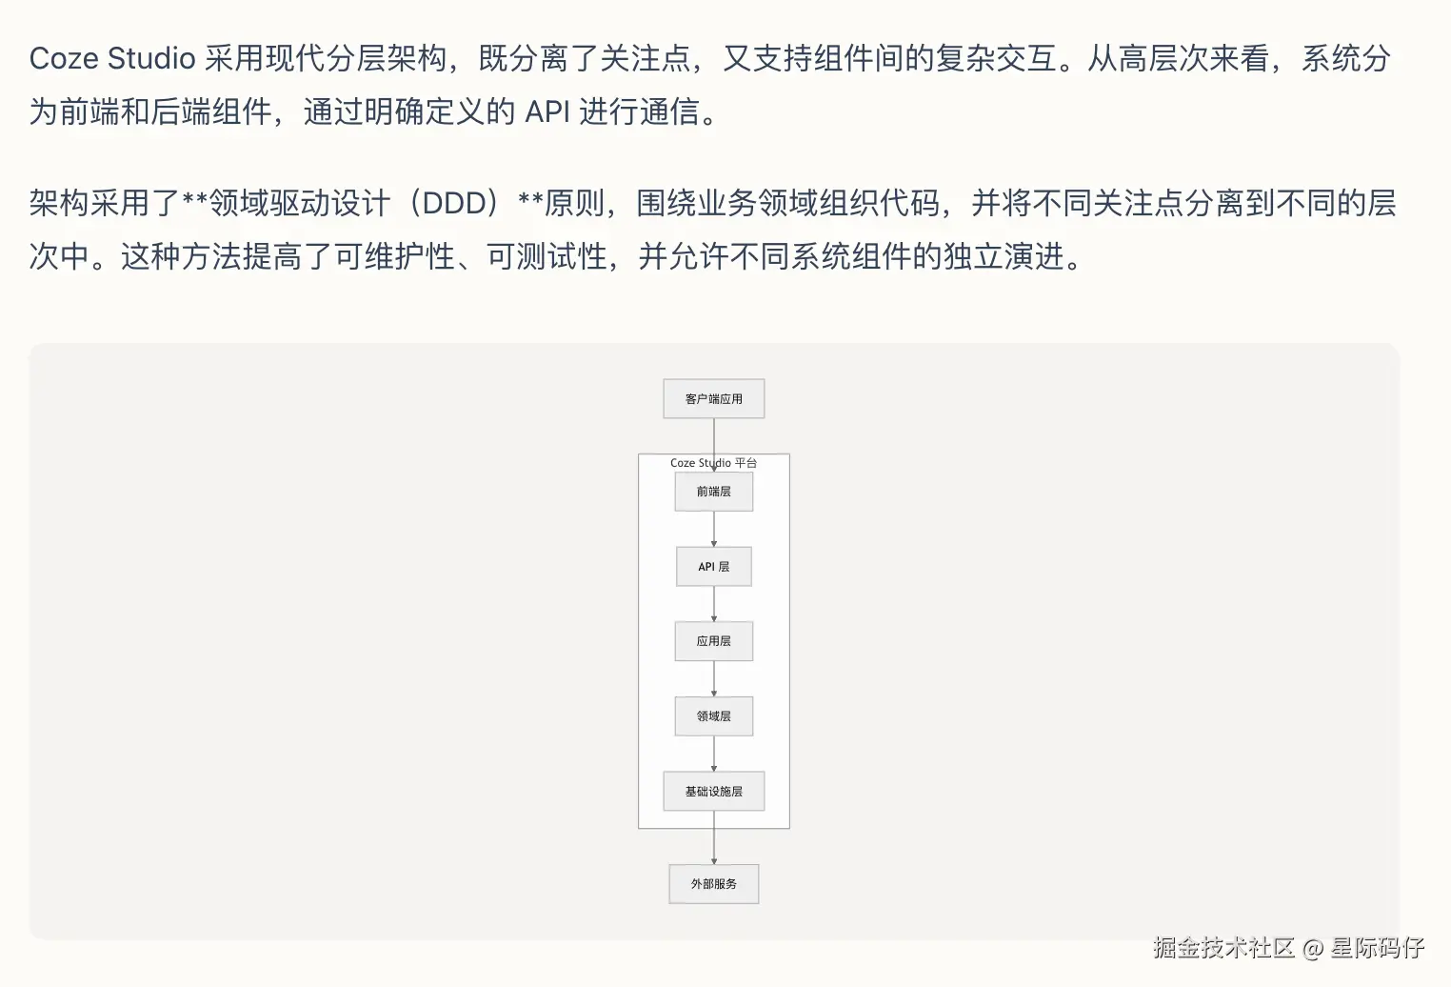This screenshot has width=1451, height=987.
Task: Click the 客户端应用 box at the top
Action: (x=713, y=399)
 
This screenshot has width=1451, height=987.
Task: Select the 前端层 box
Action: (x=713, y=492)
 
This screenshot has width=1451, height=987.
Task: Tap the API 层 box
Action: (x=713, y=567)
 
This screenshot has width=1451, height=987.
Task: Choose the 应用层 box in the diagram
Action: (x=713, y=641)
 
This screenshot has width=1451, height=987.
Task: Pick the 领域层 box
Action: (x=713, y=716)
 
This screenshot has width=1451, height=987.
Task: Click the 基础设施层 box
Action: (x=713, y=792)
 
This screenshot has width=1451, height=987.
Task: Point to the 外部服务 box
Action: (x=713, y=884)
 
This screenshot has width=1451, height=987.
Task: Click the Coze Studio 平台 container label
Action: (x=713, y=463)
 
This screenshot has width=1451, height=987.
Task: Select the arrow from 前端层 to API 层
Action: (x=714, y=529)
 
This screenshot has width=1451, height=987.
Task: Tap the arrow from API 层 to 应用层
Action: (x=714, y=604)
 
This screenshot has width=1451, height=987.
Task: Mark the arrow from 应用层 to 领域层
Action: (x=714, y=678)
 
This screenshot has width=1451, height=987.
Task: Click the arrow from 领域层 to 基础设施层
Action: (x=714, y=754)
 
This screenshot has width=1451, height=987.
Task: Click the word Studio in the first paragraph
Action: (x=151, y=58)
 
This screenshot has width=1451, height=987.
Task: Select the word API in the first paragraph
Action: (x=547, y=111)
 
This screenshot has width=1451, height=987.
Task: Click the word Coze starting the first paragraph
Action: (x=64, y=58)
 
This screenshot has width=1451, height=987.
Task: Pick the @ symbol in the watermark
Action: (x=1313, y=948)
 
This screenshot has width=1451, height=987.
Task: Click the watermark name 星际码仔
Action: (x=1377, y=947)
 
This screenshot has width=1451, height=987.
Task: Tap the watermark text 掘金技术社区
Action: (x=1223, y=947)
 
